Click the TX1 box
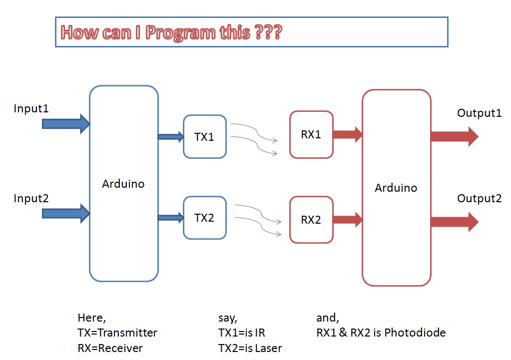tap(204, 137)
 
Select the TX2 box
tap(204, 218)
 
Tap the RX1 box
tap(311, 134)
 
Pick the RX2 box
tap(311, 220)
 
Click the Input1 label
tap(31, 108)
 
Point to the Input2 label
tap(31, 199)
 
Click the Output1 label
tap(479, 113)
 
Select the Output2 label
tap(479, 199)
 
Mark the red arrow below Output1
tap(454, 136)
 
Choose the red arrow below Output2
tap(454, 222)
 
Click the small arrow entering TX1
tap(170, 137)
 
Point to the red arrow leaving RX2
tap(347, 219)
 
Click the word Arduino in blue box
tap(123, 184)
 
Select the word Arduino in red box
tap(396, 188)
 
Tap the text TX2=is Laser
tap(250, 348)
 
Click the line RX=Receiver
tap(110, 348)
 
